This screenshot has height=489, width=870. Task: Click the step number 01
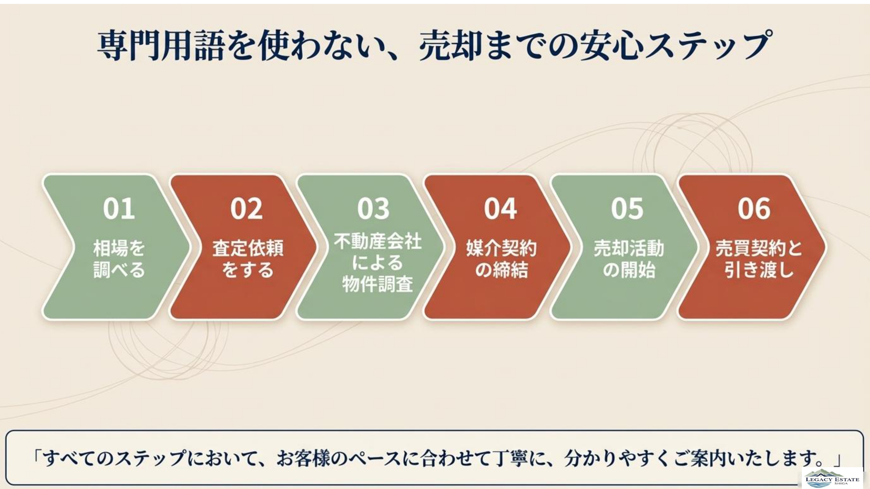[x=119, y=209]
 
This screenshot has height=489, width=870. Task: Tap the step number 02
[x=246, y=209]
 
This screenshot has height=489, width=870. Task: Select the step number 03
[x=373, y=209]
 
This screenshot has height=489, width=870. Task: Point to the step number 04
[x=500, y=209]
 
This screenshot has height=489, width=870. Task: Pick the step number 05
[x=627, y=209]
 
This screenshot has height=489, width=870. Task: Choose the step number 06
[x=754, y=209]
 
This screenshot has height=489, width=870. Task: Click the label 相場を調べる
[x=119, y=259]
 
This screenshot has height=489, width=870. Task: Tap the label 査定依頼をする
[x=248, y=259]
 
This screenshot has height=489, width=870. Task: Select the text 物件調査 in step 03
[x=377, y=284]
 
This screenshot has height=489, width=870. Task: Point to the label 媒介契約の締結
[x=501, y=259]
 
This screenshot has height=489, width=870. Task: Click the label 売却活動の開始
[x=629, y=259]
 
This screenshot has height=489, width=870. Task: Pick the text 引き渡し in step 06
[x=758, y=270]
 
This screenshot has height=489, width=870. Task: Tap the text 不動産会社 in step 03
[x=377, y=242]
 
